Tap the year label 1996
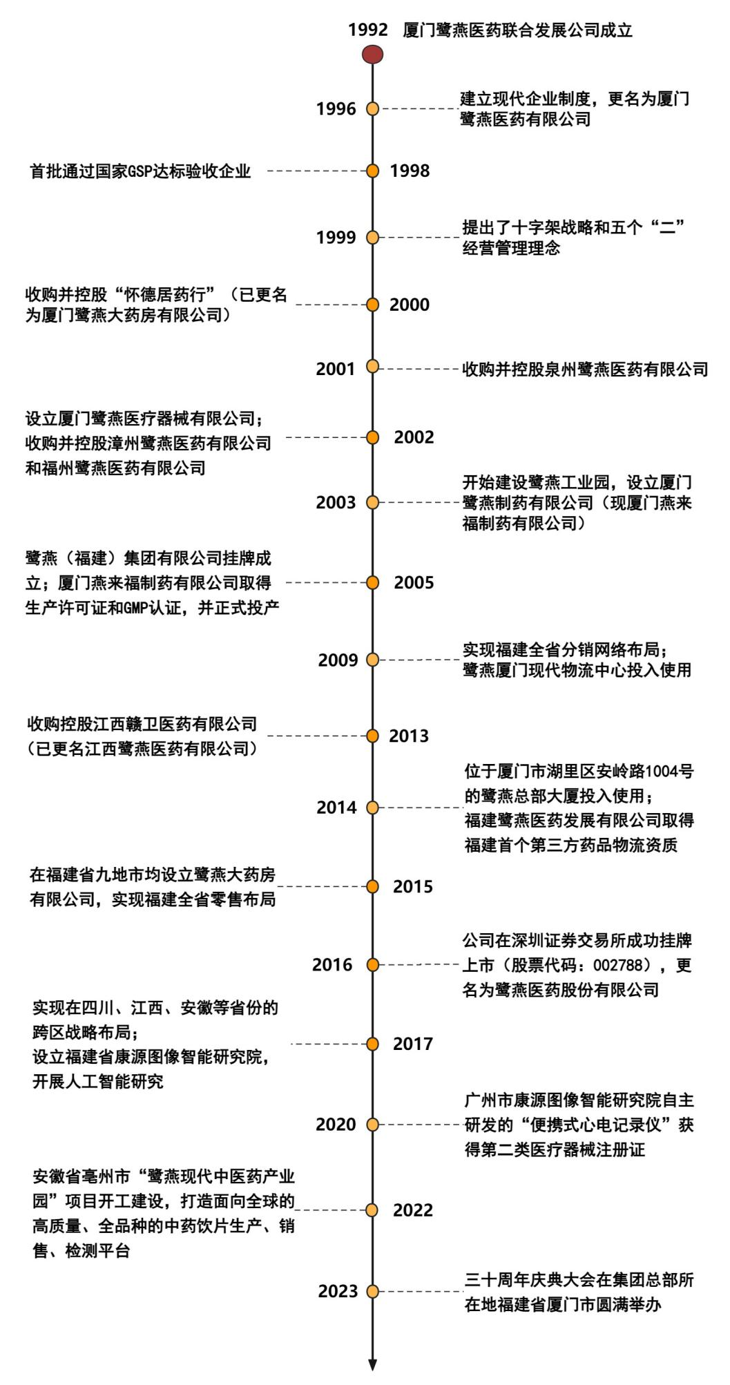(336, 109)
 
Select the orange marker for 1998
(373, 171)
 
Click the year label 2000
(410, 305)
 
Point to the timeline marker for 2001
(373, 367)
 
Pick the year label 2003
(336, 502)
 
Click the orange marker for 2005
(373, 583)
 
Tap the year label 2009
(338, 660)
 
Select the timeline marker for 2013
(373, 735)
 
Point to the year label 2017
(413, 1044)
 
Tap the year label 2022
(413, 1210)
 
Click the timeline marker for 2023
(373, 1291)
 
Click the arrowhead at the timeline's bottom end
(373, 1364)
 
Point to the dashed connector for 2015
(322, 886)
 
